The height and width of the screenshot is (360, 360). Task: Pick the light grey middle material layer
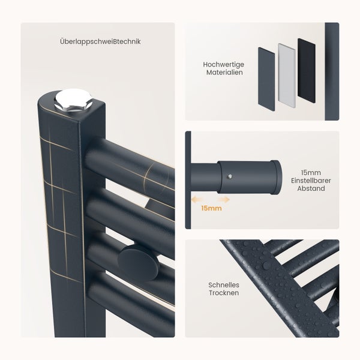287,74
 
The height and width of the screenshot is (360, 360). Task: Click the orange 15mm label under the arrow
211,208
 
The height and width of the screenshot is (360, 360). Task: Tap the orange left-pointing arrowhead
194,199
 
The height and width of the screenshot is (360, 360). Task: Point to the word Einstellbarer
307,180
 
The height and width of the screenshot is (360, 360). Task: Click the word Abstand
307,188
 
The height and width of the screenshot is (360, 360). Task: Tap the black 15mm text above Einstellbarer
307,171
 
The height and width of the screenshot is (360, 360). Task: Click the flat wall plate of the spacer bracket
188,180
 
